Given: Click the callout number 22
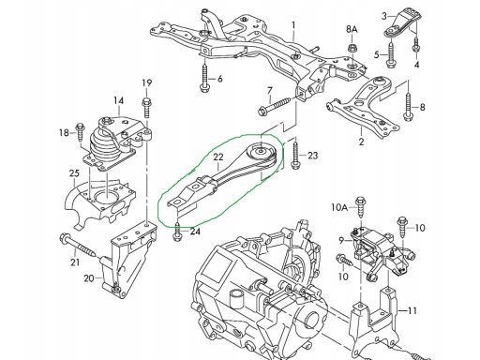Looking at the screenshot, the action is tap(218, 157).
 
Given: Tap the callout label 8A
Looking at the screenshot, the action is tap(352, 30).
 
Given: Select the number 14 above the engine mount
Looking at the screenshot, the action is tap(118, 100).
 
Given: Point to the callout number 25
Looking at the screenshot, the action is tap(74, 173).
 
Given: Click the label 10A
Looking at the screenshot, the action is tap(339, 207).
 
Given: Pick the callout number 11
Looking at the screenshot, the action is tap(412, 311).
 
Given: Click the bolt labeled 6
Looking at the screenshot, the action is tap(204, 78).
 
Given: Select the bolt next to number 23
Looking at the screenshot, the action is tap(294, 156).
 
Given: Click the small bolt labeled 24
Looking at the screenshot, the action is tap(177, 232).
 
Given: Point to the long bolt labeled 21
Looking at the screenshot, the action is tap(79, 246).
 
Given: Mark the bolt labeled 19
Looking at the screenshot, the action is tap(146, 108).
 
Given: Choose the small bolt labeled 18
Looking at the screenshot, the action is tap(80, 132).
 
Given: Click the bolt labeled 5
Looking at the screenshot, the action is tap(391, 54).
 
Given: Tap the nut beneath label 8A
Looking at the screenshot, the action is tap(352, 49).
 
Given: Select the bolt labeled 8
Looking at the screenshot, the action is tap(408, 107).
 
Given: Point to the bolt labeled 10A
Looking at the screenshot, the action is tap(361, 207).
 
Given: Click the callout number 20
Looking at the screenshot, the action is tap(89, 277).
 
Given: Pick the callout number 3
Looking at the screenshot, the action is tap(384, 16).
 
